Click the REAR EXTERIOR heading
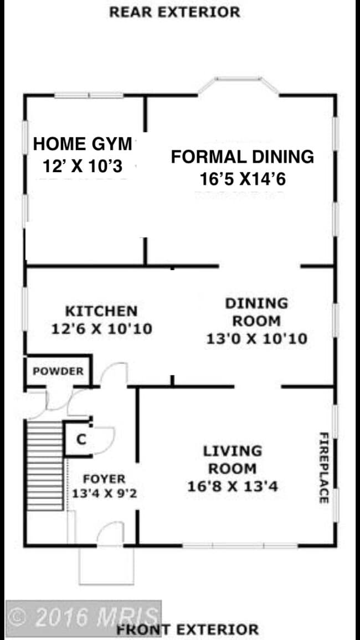(174, 12)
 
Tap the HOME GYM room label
(83, 144)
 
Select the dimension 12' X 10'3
(83, 166)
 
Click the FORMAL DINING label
(242, 157)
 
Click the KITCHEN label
(101, 311)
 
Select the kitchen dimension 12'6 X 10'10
(101, 329)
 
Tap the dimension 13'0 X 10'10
(256, 338)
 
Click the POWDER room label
(58, 371)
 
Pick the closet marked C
(81, 440)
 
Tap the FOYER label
(104, 479)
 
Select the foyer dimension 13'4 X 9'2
(104, 493)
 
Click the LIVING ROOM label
(232, 460)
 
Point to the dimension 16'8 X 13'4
(232, 487)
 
